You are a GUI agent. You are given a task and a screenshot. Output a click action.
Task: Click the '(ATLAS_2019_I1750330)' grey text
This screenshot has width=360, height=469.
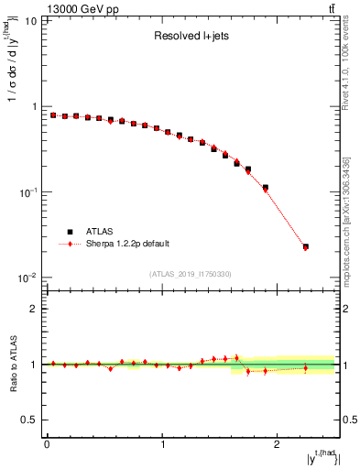(x=191, y=274)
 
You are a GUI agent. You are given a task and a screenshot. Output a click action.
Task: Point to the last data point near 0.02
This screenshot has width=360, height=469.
(x=306, y=246)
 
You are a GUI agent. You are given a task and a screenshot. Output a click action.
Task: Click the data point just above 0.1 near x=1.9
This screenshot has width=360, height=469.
(x=266, y=188)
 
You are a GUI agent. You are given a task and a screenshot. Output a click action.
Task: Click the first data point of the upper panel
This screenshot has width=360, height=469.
(x=53, y=115)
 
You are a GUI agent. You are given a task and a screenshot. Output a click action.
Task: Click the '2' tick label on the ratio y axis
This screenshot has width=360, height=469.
(x=36, y=309)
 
